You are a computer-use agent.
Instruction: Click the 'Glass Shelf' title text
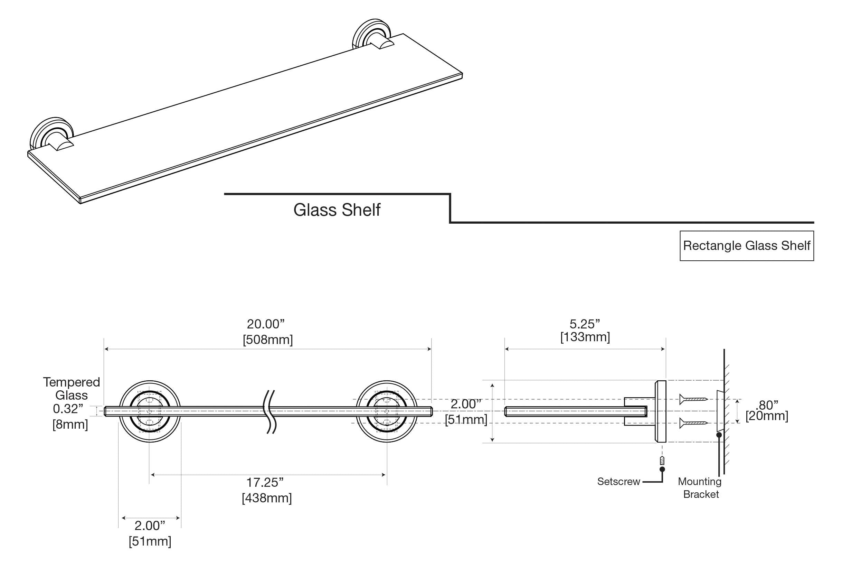pos(337,210)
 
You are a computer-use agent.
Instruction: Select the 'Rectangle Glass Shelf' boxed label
pos(747,246)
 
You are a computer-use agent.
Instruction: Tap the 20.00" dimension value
pos(266,324)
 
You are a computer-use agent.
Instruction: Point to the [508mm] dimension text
pos(267,340)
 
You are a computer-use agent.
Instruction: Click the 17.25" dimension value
pos(265,482)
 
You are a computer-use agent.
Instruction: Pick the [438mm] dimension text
pos(267,498)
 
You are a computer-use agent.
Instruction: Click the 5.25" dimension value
pos(585,324)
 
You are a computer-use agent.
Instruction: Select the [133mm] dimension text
pos(585,337)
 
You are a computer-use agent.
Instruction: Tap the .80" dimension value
pos(766,405)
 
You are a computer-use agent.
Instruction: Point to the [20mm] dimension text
pos(766,416)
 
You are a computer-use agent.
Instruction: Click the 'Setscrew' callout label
pos(618,482)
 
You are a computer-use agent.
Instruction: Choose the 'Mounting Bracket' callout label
pos(700,488)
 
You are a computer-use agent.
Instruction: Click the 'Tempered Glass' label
pos(72,388)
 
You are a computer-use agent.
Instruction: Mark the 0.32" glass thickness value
pos(68,409)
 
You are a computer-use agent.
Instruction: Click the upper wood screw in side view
pos(693,399)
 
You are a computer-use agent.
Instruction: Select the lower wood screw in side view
pos(693,423)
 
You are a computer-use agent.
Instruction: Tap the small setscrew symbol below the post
pos(662,461)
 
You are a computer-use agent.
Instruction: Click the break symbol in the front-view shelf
pos(271,411)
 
